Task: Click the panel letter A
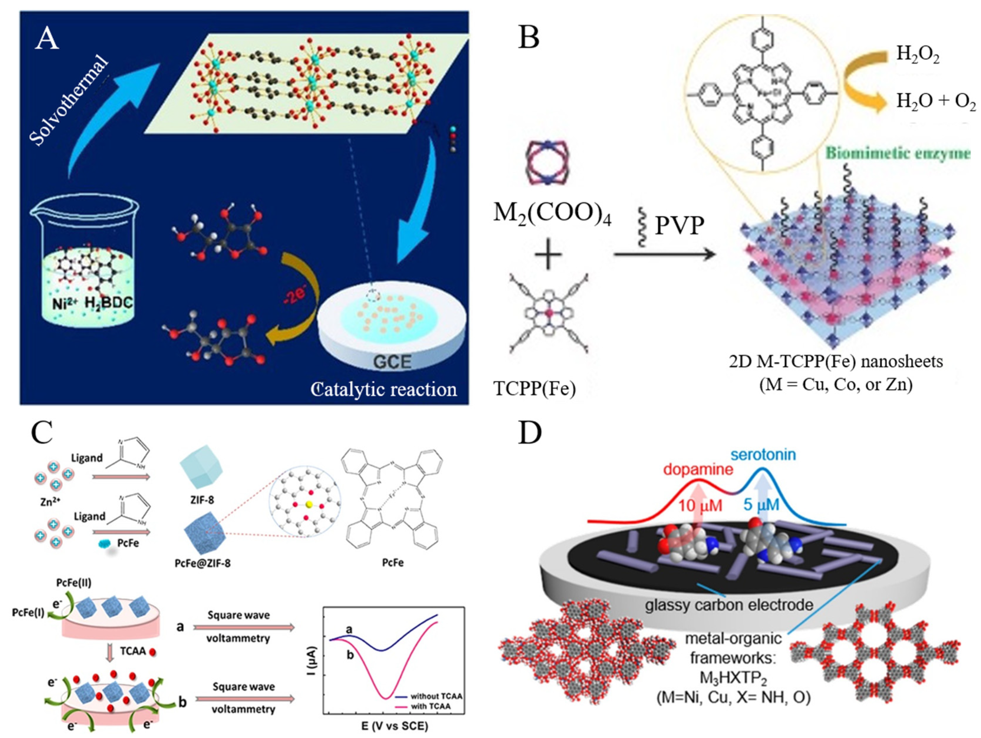pos(47,39)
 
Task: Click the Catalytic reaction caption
pos(384,389)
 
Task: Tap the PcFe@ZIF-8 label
pos(203,563)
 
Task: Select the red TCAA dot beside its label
pos(153,652)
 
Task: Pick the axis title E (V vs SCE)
pos(394,726)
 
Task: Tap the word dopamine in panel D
pos(698,470)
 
